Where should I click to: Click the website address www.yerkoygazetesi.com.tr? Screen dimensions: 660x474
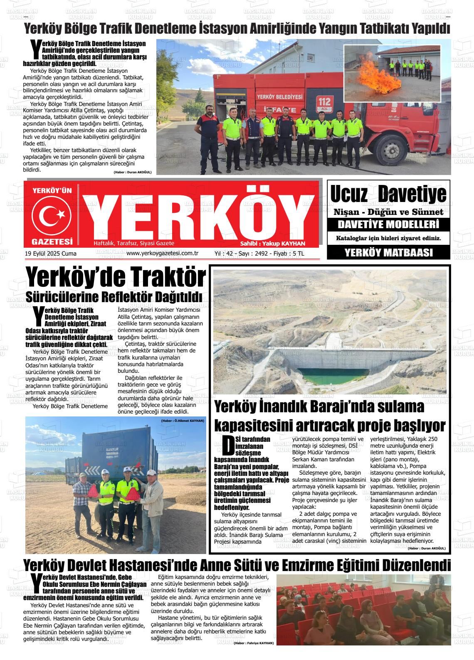(x=162, y=253)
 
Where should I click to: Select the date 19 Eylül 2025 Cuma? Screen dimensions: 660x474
(x=51, y=254)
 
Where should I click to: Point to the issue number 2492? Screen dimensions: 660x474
(x=261, y=253)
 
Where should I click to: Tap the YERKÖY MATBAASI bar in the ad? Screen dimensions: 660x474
(x=388, y=252)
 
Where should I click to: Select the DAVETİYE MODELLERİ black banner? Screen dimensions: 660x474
(x=388, y=225)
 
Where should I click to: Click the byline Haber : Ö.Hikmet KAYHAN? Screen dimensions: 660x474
(x=183, y=421)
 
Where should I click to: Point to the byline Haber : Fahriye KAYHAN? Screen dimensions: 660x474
(x=254, y=643)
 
